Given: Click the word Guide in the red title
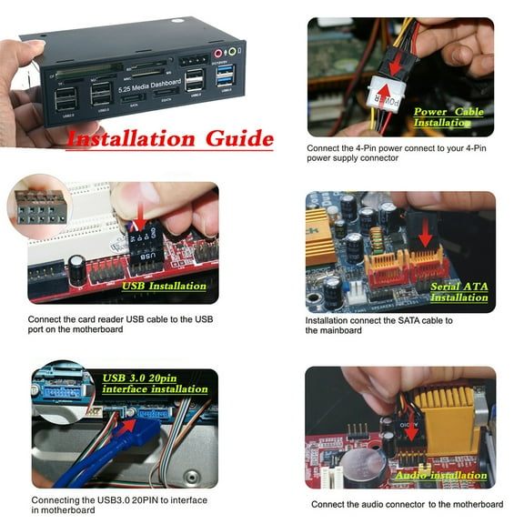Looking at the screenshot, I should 234,139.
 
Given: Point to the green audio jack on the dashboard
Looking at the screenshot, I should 233,52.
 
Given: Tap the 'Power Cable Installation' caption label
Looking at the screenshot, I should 448,117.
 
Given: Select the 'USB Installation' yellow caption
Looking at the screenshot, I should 164,286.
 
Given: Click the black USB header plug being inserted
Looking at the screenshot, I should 144,246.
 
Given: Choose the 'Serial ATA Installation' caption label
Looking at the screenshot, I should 458,292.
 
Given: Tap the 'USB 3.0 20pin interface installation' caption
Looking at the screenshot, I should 156,384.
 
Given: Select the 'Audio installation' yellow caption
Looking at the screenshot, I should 441,476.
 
